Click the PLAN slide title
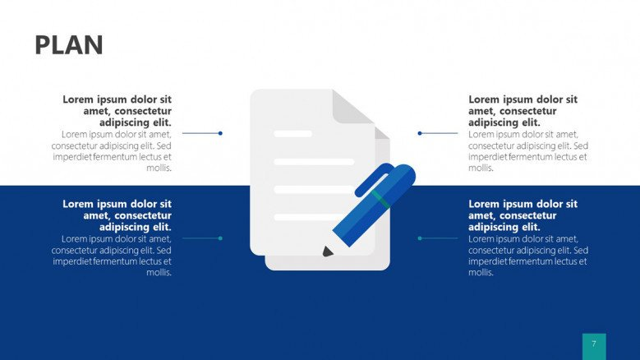coord(69,45)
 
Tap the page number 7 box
coord(593,346)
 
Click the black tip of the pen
coord(328,251)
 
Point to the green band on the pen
coord(380,199)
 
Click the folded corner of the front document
coord(352,107)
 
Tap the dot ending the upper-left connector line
coord(220,133)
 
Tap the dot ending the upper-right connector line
coord(420,133)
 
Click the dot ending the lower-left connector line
coord(220,238)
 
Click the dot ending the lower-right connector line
coord(420,238)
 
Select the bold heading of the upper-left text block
coord(117,111)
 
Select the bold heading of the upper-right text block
coord(523,111)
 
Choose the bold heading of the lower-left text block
coord(117,215)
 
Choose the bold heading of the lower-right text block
coord(523,215)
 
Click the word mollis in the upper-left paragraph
coord(159,168)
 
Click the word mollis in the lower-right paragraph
coord(481,272)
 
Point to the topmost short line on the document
coord(292,133)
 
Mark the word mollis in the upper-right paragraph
coord(481,168)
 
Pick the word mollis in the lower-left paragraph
coord(159,272)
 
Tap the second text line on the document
coord(313,162)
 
